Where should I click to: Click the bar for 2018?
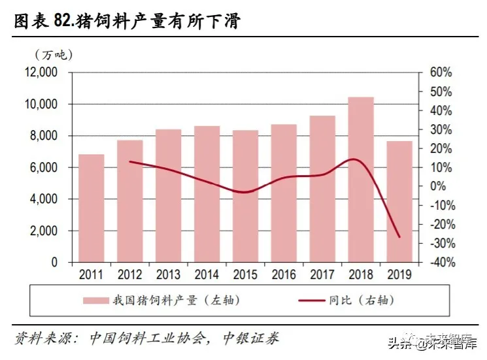[x=360, y=180]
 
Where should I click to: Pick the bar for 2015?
[x=245, y=196]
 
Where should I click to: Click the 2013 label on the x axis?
[x=168, y=274]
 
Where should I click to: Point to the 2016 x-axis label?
[x=284, y=274]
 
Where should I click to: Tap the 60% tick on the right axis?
[x=442, y=73]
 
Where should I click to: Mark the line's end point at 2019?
[x=399, y=237]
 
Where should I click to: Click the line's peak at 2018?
[x=354, y=159]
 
